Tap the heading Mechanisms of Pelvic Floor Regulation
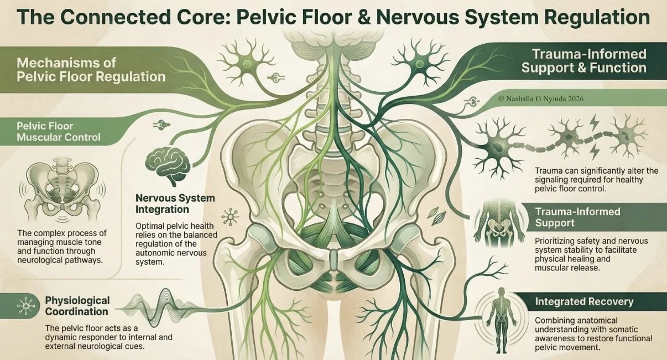[91, 69]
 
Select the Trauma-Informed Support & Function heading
[584, 61]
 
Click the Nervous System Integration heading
[175, 204]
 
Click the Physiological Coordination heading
[77, 306]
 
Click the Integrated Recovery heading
[584, 302]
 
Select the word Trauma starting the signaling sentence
[548, 170]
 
